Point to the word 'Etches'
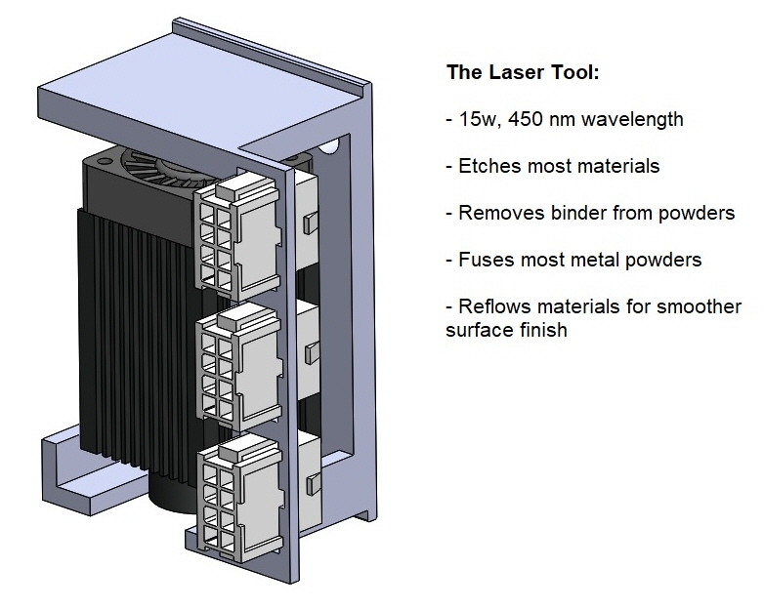tap(489, 166)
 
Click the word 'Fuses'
tap(485, 260)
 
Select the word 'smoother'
tap(700, 306)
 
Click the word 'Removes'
tap(497, 213)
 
